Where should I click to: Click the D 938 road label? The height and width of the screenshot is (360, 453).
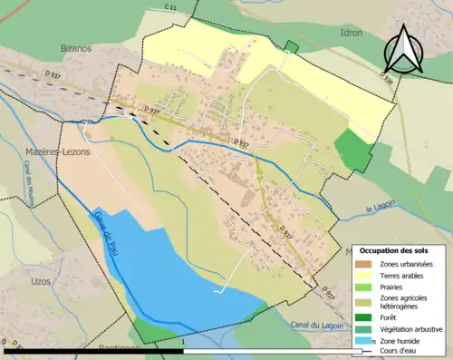click(389, 83)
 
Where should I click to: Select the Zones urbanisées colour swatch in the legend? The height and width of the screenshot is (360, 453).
click(367, 264)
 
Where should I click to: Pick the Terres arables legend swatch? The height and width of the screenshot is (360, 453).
click(367, 276)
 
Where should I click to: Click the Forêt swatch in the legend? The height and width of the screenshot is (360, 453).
click(367, 317)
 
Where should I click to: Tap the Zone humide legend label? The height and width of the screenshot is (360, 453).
click(402, 341)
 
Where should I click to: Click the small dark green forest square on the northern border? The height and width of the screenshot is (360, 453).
click(291, 47)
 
